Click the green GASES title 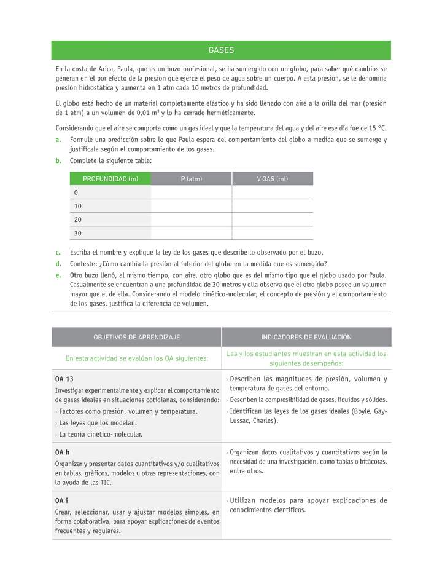click(221, 50)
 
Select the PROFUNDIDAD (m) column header click(110, 179)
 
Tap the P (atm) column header click(191, 179)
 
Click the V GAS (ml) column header click(272, 179)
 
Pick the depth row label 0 click(76, 192)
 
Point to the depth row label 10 click(77, 206)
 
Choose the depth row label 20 click(77, 219)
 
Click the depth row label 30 click(77, 234)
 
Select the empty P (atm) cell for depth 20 click(191, 219)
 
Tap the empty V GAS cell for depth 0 click(272, 192)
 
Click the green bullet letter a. click(58, 140)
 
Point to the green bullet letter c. click(58, 252)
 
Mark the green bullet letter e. click(58, 275)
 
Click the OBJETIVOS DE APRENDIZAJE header click(136, 338)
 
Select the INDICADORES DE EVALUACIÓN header click(306, 338)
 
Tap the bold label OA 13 click(64, 379)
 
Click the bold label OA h click(63, 452)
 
